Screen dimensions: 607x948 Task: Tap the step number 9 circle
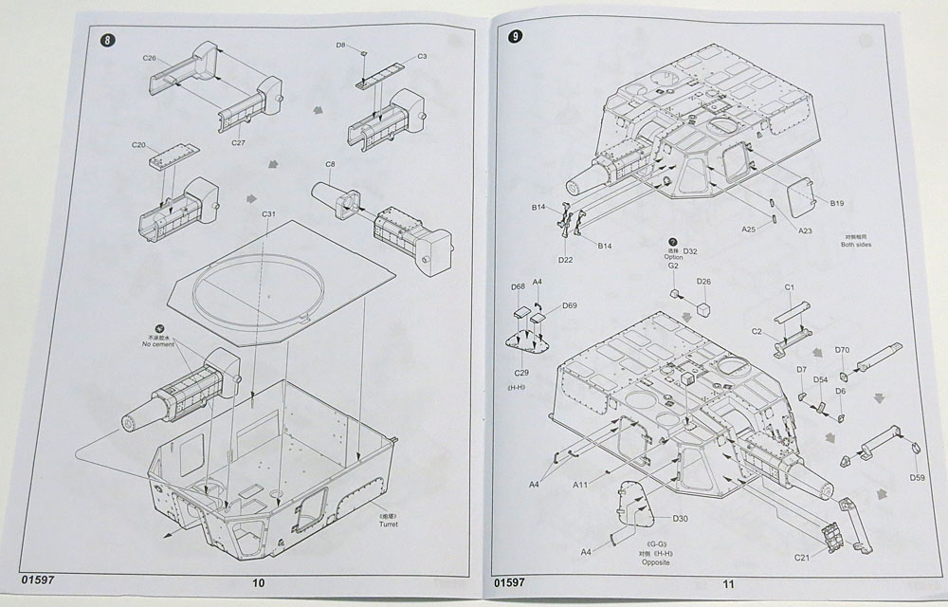(515, 37)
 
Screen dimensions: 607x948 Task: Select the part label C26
(150, 58)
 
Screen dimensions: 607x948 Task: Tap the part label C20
(138, 145)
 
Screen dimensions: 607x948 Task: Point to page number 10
(259, 582)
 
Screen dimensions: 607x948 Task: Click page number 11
(728, 584)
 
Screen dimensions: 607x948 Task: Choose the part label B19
(837, 203)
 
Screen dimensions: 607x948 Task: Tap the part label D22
(566, 259)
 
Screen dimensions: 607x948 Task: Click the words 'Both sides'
(855, 245)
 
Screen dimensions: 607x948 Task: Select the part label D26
(703, 282)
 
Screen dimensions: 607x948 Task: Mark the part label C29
(520, 376)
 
